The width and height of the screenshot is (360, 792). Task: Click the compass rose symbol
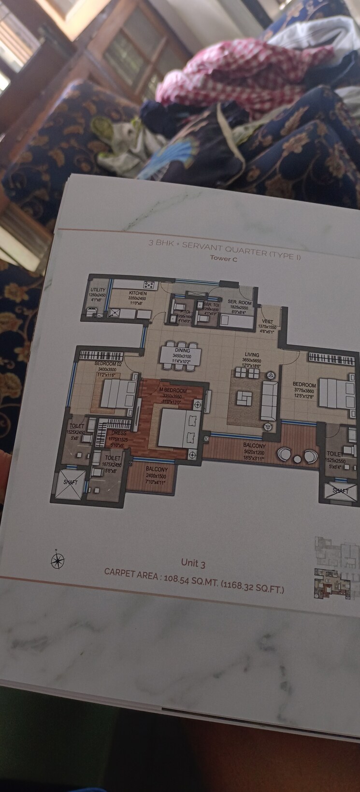pos(58,560)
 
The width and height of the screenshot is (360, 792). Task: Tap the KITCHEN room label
pos(138,293)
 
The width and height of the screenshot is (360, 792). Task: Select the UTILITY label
pos(98,290)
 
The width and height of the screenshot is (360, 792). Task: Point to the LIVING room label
pos(252,354)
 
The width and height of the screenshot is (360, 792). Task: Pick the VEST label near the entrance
pos(267,322)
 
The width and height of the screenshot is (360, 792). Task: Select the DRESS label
pos(119,433)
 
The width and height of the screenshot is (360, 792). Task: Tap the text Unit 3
pos(193,563)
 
